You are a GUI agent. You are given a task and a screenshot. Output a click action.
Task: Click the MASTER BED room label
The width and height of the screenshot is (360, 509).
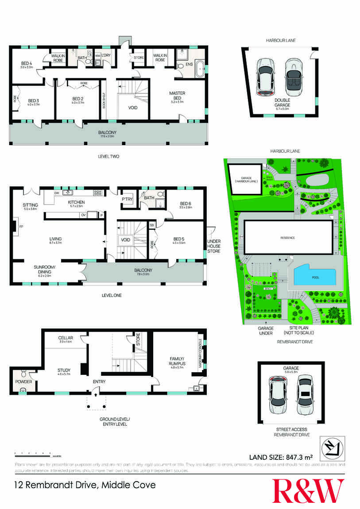pos(177,95)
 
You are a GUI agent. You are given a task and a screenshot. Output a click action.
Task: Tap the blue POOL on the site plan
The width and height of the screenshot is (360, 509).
pos(315,278)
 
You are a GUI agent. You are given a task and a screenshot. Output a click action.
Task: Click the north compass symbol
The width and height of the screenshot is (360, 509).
pos(333,446)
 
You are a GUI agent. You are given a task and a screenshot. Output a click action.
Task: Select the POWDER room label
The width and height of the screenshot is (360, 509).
pos(23,380)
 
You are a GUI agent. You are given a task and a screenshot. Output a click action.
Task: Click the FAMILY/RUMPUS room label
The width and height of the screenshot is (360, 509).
pos(177,361)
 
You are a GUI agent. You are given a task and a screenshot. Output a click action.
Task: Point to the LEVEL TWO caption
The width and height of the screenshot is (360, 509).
pos(108,156)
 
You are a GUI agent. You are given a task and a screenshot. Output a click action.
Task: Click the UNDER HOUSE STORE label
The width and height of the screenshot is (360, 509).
pos(214,246)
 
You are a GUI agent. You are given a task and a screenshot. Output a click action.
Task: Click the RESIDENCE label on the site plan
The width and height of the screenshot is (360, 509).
pos(287,238)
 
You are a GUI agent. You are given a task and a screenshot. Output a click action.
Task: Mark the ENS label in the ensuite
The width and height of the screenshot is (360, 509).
pos(189,65)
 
